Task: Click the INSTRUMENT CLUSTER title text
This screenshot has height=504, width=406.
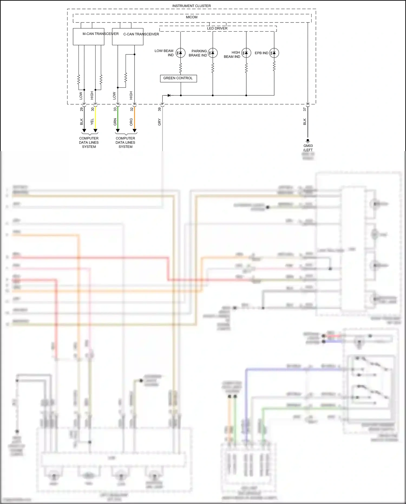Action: click(x=191, y=6)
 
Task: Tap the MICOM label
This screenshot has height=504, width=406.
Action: click(x=192, y=17)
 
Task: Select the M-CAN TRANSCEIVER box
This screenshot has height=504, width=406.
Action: click(x=89, y=37)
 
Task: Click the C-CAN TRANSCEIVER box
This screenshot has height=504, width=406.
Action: click(x=127, y=37)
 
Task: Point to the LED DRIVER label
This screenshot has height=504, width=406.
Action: click(x=217, y=28)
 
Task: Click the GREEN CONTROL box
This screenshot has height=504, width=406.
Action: click(x=178, y=78)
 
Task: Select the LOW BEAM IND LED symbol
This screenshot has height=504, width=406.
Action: click(x=181, y=53)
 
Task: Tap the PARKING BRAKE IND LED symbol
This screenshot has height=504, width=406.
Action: click(x=213, y=53)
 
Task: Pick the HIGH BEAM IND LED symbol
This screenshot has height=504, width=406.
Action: click(x=246, y=53)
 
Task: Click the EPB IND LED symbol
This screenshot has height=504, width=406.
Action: click(x=274, y=53)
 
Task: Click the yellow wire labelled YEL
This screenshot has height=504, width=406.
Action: click(x=95, y=119)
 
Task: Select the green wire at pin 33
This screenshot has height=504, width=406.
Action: click(x=118, y=119)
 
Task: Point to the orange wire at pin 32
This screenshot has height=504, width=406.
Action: click(x=135, y=119)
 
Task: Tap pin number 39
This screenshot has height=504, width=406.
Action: click(x=159, y=109)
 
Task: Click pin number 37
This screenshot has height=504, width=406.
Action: click(x=304, y=109)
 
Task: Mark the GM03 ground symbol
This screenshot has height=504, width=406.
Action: click(x=308, y=141)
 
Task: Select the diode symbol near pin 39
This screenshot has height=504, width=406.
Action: click(x=169, y=95)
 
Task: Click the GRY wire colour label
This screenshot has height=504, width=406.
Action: click(x=159, y=122)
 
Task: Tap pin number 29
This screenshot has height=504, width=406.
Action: click(x=81, y=109)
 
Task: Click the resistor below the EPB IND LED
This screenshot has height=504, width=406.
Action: click(x=274, y=66)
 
